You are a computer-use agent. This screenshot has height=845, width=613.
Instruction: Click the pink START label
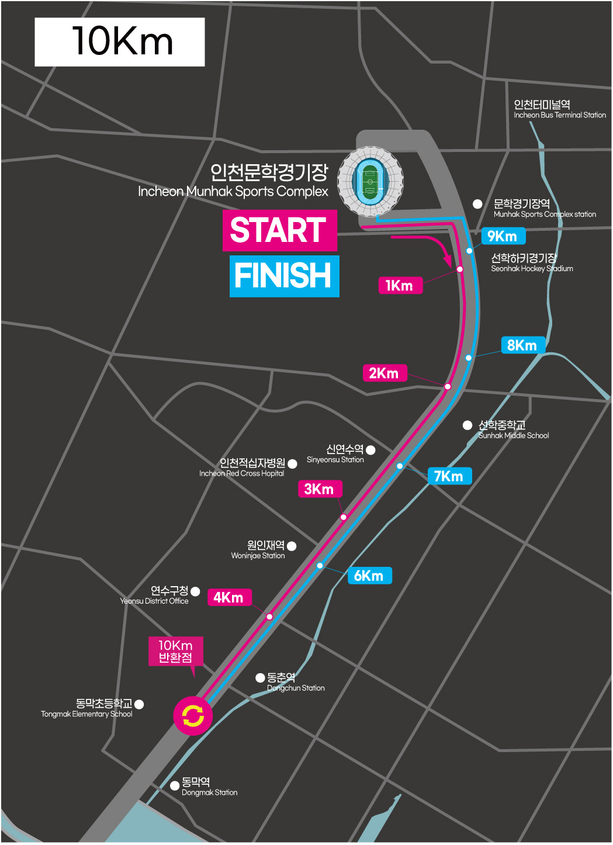pyautogui.click(x=279, y=230)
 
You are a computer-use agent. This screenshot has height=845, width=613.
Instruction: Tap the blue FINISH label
pyautogui.click(x=284, y=276)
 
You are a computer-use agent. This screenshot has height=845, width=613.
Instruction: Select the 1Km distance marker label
pyautogui.click(x=400, y=285)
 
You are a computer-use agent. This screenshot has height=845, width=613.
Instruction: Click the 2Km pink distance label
pyautogui.click(x=384, y=373)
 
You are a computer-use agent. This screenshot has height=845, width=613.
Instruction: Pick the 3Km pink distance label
pyautogui.click(x=320, y=489)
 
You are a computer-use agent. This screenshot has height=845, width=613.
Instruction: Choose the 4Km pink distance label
pyautogui.click(x=229, y=597)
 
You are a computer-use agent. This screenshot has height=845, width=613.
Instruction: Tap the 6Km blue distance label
pyautogui.click(x=369, y=576)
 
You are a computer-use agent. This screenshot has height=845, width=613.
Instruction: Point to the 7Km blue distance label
pyautogui.click(x=449, y=476)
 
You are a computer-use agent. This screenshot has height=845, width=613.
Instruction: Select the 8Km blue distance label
pyautogui.click(x=522, y=345)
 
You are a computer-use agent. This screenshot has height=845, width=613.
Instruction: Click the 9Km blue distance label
pyautogui.click(x=503, y=236)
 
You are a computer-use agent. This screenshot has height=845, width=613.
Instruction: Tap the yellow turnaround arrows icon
pyautogui.click(x=193, y=716)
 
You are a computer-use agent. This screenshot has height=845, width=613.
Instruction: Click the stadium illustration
pyautogui.click(x=370, y=180)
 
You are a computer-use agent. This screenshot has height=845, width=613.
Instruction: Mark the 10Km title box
pyautogui.click(x=120, y=42)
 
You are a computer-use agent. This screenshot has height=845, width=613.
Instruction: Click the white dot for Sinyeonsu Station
pyautogui.click(x=370, y=450)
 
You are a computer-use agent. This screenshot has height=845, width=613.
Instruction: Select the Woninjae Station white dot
pyautogui.click(x=292, y=546)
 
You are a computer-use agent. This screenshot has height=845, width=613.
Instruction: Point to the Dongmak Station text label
pyautogui.click(x=209, y=787)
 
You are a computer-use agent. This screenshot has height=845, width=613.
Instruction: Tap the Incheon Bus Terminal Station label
pyautogui.click(x=559, y=109)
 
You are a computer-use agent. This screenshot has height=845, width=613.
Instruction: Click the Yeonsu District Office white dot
pyautogui.click(x=195, y=591)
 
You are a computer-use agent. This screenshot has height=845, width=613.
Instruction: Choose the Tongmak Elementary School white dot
pyautogui.click(x=139, y=704)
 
